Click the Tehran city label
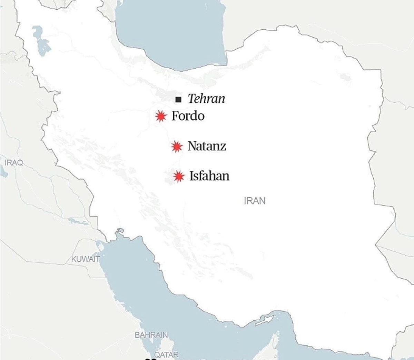tap(206, 99)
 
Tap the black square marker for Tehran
tap(178, 100)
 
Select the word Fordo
tap(188, 116)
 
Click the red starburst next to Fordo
tap(160, 116)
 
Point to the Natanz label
tap(207, 146)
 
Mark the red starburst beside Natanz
tap(177, 147)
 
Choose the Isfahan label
tap(209, 176)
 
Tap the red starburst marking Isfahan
tap(178, 177)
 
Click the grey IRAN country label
tap(255, 201)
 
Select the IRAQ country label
tap(14, 162)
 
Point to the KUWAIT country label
tap(86, 259)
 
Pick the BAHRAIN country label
tap(151, 334)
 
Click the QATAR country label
tap(166, 354)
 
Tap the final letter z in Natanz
tap(223, 147)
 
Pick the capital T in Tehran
tap(191, 99)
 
